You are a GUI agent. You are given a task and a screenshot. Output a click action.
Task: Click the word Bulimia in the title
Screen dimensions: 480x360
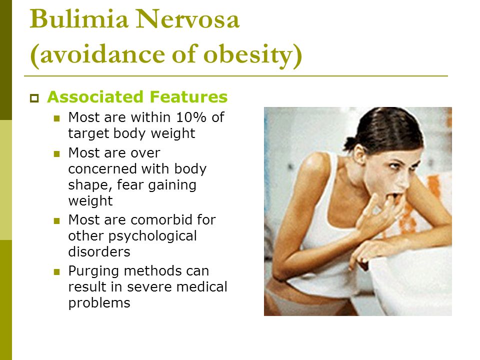(x=79, y=19)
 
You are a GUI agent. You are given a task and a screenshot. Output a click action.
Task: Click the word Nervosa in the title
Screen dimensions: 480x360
(x=187, y=19)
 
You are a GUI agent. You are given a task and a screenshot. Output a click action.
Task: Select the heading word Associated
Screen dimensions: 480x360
(x=95, y=96)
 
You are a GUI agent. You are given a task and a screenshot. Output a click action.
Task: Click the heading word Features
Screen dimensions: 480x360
(x=189, y=96)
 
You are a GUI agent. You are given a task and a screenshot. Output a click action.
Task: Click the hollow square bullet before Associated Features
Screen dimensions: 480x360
(x=34, y=98)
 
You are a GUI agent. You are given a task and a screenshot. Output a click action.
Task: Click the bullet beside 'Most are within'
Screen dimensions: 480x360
(x=56, y=118)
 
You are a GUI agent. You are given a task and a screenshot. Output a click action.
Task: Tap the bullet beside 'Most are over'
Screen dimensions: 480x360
(x=56, y=153)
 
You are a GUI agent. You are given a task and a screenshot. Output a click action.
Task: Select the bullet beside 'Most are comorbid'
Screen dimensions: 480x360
(x=56, y=220)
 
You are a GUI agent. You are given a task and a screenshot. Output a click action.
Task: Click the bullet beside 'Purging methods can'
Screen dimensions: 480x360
(x=56, y=272)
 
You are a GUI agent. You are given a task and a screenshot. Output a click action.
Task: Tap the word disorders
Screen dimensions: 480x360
(x=99, y=251)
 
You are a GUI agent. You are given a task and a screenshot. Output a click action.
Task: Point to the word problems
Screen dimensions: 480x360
(x=99, y=303)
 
